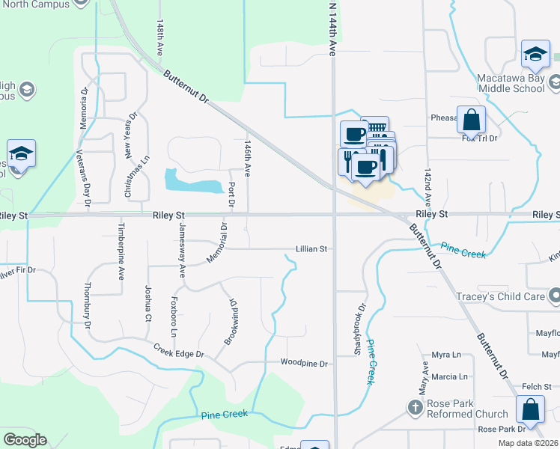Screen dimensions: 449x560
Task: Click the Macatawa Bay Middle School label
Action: click(511, 82)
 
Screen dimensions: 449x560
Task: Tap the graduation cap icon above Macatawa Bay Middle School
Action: click(535, 54)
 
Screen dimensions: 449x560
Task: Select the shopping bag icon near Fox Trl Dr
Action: click(472, 120)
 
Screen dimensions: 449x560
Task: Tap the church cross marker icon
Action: click(415, 409)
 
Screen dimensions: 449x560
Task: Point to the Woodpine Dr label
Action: click(305, 364)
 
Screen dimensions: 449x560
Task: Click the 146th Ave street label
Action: click(247, 159)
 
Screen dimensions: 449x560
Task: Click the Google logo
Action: click(25, 440)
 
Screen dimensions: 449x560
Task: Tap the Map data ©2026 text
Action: click(529, 442)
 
